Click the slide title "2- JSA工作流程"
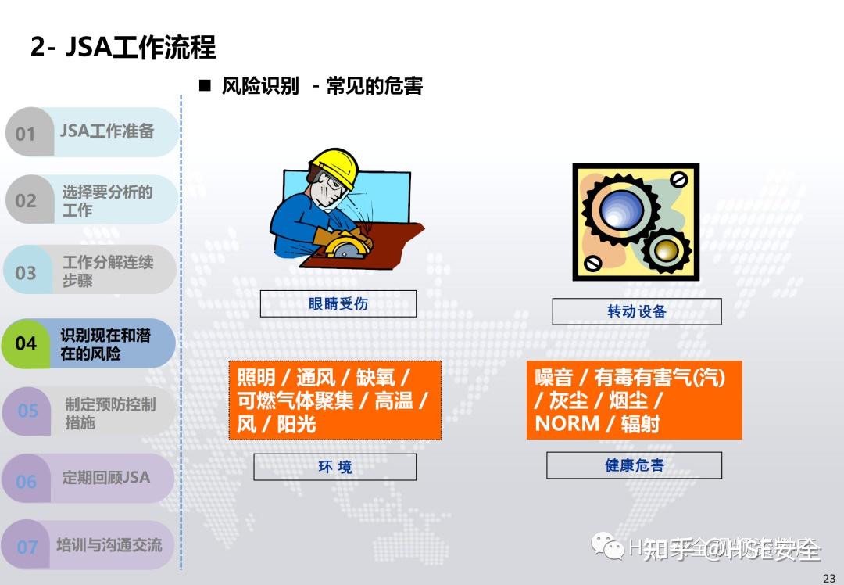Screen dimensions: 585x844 (x=123, y=48)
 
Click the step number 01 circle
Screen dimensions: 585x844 (x=26, y=133)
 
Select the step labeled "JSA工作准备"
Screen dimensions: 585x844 (x=107, y=131)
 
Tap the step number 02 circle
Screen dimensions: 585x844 (x=26, y=200)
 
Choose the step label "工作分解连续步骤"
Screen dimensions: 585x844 (x=107, y=271)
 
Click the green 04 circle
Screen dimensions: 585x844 (x=26, y=343)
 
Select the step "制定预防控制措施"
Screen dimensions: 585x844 (x=109, y=413)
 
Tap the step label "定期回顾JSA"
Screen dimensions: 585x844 (x=105, y=477)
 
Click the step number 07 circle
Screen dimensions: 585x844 (x=27, y=547)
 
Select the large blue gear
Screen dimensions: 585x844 (x=620, y=210)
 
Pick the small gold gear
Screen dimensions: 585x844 (x=667, y=250)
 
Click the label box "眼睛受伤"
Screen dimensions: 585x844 (x=338, y=303)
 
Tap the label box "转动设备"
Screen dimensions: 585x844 (x=636, y=311)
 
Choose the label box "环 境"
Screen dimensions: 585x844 (x=334, y=467)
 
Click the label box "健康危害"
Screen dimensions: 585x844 (x=634, y=465)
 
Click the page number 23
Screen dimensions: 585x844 (x=829, y=578)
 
